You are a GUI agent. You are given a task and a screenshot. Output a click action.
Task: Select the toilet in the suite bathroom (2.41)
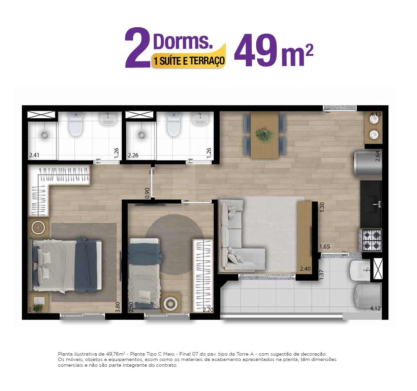click(x=76, y=124)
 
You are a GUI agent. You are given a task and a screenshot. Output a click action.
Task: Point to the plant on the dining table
click(x=265, y=136)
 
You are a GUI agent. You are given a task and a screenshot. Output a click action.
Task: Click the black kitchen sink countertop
click(x=371, y=205)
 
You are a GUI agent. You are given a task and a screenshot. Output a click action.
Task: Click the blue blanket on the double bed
click(x=87, y=265)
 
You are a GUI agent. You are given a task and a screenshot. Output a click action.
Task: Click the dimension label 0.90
click(x=147, y=193)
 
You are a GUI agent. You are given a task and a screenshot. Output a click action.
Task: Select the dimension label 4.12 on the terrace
click(x=375, y=308)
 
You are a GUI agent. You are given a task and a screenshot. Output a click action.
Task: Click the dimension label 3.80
click(x=118, y=307)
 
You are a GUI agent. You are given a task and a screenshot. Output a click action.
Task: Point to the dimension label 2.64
click(x=377, y=156)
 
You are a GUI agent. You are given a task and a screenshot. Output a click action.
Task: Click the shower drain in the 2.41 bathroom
click(x=44, y=135)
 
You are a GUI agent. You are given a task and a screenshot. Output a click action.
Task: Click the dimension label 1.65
click(x=325, y=247)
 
